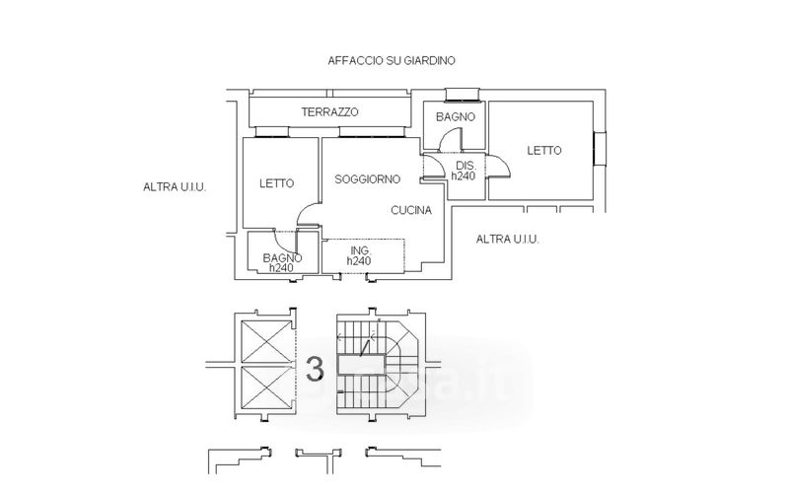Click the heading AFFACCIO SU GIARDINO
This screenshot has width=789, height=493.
[392, 60]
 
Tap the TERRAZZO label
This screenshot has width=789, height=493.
[329, 112]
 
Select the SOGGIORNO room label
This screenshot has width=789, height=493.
[367, 179]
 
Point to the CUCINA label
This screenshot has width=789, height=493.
[410, 210]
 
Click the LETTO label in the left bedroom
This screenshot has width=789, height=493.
[277, 182]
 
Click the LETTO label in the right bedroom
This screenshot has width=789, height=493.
[543, 151]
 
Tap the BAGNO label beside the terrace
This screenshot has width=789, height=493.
[456, 116]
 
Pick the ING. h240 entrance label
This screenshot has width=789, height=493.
[359, 256]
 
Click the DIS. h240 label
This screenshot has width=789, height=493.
[465, 170]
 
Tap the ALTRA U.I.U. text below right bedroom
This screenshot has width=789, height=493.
[507, 239]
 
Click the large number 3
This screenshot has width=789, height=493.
[315, 369]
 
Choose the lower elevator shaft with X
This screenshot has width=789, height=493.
[264, 387]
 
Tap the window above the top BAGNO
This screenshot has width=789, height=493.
[461, 96]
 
